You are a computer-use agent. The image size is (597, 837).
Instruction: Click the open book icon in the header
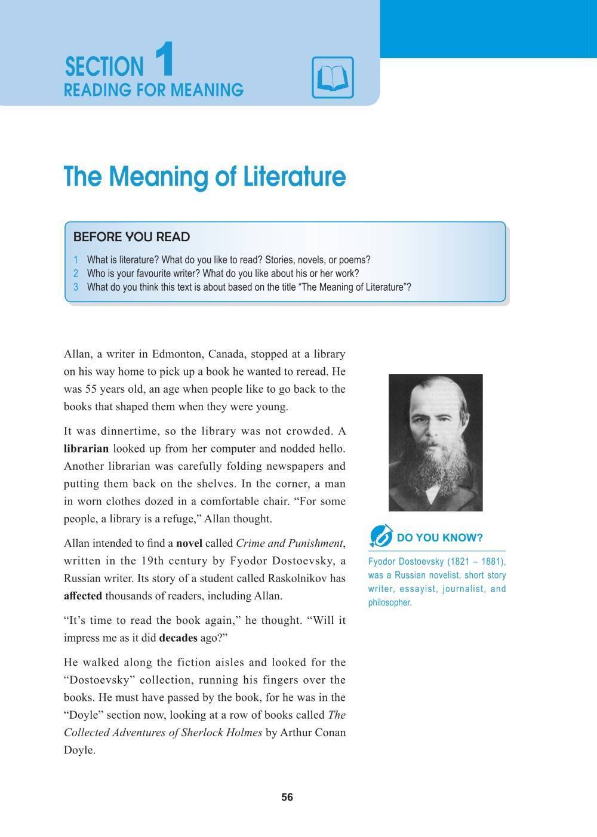(x=333, y=78)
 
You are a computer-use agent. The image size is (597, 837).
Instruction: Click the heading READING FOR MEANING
(x=153, y=90)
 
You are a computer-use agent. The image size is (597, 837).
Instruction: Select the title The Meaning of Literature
(x=205, y=177)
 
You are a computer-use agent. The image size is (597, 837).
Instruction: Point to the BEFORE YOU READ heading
(x=131, y=237)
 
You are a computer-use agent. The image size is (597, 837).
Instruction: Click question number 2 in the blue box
(x=76, y=273)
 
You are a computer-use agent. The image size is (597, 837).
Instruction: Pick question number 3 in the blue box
(x=76, y=287)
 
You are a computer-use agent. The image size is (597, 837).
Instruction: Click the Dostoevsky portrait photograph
(x=435, y=442)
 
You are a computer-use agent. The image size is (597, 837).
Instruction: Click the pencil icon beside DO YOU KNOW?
(x=380, y=536)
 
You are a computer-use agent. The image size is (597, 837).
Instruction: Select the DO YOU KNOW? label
(x=439, y=538)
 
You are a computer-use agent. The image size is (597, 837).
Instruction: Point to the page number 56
(x=287, y=798)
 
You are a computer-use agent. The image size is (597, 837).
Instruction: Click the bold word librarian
(x=86, y=449)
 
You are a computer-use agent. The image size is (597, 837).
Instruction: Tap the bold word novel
(x=189, y=543)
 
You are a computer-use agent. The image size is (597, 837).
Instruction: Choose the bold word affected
(x=83, y=596)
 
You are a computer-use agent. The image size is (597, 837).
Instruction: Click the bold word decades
(x=178, y=638)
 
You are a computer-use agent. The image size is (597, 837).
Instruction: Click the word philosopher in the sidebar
(x=390, y=602)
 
